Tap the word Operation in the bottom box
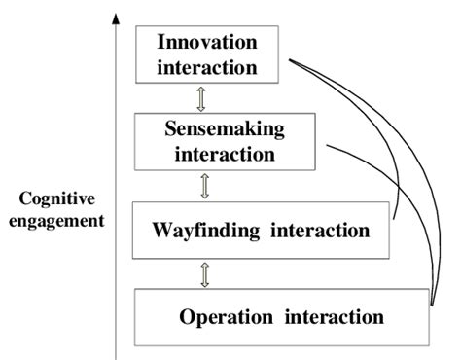[225, 316]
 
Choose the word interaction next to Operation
[332, 316]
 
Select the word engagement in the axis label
[61, 221]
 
